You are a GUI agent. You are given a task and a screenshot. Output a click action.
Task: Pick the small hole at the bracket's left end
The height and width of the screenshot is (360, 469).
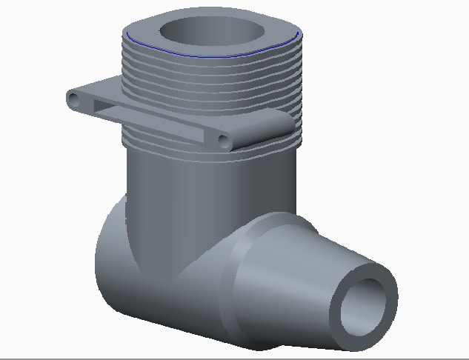point(73,98)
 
